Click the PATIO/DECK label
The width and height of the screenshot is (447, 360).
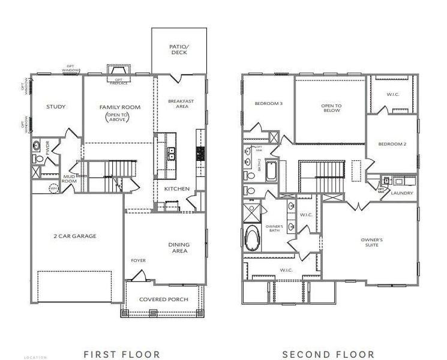(179, 49)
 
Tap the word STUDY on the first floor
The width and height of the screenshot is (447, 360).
(56, 107)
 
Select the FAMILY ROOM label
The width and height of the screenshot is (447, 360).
(119, 107)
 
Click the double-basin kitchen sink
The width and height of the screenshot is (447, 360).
(170, 153)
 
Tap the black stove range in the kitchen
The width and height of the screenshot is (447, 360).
(200, 153)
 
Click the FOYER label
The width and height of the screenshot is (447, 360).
(139, 260)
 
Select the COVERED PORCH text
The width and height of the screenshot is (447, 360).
(164, 299)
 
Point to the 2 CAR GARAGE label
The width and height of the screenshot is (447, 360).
(75, 236)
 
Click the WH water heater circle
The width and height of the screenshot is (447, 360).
(53, 188)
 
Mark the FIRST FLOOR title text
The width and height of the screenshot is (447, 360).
(122, 354)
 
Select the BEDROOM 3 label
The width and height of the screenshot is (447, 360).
(268, 103)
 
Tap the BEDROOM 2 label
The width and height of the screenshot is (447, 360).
(392, 144)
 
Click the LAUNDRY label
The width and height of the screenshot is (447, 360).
(402, 193)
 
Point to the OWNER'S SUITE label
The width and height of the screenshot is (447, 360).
(372, 242)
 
